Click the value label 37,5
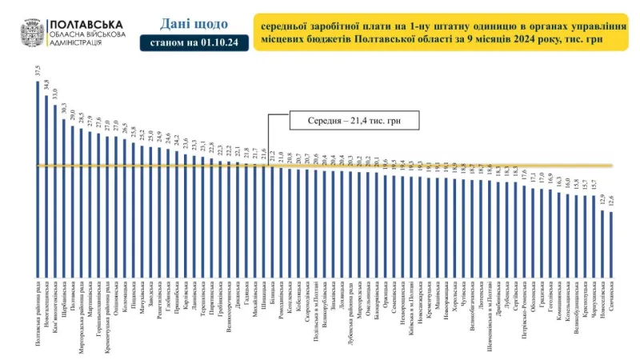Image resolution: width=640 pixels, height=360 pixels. (38, 70)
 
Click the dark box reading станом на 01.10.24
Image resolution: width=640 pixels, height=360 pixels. (187, 42)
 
